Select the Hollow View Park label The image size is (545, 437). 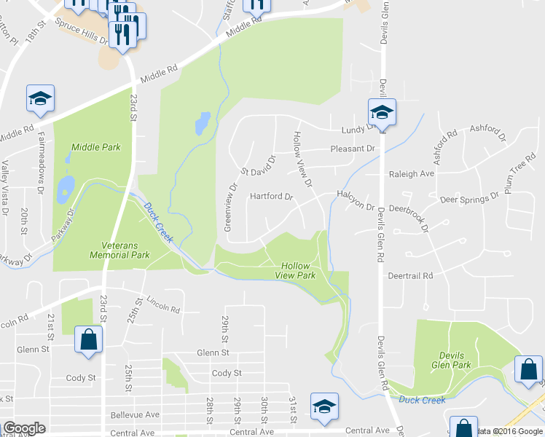click(296, 271)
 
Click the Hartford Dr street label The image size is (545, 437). click(271, 197)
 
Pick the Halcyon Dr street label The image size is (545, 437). click(355, 195)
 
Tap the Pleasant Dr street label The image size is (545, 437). click(352, 149)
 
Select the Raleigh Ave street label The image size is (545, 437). click(412, 174)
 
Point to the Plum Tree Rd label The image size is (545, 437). click(522, 169)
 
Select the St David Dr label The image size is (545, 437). click(260, 167)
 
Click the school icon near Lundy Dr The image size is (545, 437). click(381, 113)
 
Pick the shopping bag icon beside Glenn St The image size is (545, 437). click(88, 339)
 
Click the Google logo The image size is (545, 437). click(24, 428)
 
